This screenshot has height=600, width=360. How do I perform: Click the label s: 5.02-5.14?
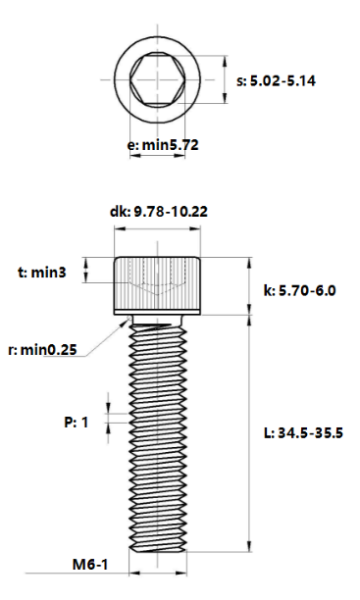[283, 82]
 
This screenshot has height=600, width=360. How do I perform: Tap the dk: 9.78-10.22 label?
[157, 211]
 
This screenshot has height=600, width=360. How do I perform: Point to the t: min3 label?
[42, 272]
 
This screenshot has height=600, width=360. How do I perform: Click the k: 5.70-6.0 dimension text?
[300, 290]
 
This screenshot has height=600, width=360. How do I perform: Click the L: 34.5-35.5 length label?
[304, 431]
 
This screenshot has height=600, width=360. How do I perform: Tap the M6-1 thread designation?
[90, 566]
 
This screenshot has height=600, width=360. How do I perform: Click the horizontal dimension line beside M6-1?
[157, 569]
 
